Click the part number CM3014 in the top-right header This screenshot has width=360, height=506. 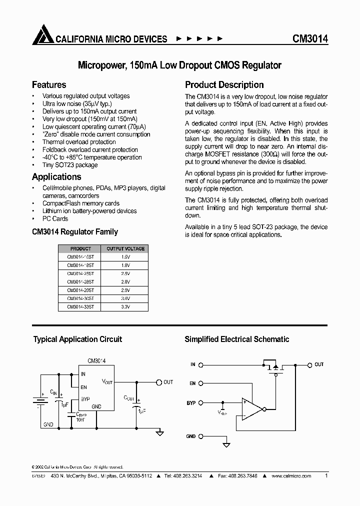coord(310,39)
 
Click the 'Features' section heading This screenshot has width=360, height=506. coord(49,85)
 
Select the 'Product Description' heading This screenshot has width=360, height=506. coord(224,85)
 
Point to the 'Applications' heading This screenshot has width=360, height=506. coord(56,177)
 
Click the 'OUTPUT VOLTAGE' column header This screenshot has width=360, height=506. coord(125,248)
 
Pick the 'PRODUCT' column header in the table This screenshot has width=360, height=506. coord(80,248)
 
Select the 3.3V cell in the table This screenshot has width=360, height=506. coord(125,307)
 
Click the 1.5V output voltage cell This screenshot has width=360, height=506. coord(125,257)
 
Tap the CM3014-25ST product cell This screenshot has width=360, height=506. coord(80,273)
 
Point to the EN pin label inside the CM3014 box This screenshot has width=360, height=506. coord(83,387)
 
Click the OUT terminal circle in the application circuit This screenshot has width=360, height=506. coord(159,382)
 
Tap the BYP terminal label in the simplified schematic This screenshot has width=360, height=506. coord(191,402)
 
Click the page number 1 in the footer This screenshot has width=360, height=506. coord(326,476)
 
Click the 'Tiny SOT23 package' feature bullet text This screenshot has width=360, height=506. coord(70,165)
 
